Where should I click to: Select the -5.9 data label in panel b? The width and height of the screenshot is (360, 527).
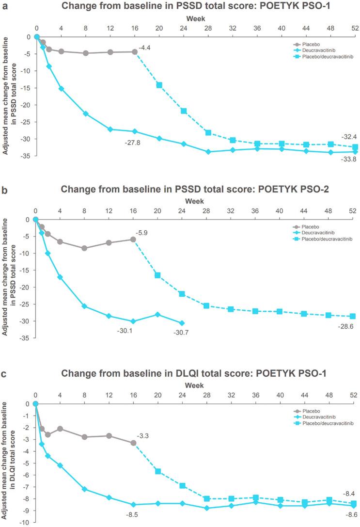145,233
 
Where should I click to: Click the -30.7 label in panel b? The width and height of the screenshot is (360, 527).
181,332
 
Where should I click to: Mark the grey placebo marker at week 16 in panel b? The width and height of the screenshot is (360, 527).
133,239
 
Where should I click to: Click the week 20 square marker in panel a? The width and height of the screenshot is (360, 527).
158,85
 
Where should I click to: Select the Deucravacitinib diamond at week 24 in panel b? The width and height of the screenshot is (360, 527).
182,323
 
